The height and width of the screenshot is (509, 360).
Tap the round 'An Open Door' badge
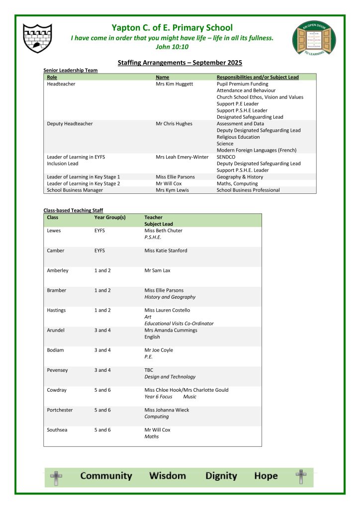tap(314, 40)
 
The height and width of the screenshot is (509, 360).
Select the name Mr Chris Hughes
tap(174, 124)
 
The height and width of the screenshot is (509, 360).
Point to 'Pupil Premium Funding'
tap(242, 84)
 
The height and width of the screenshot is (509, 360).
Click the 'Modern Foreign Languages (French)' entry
tap(256, 150)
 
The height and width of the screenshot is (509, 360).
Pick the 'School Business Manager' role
tap(75, 190)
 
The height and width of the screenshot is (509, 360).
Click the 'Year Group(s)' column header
tap(110, 217)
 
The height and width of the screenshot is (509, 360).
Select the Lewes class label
tap(54, 231)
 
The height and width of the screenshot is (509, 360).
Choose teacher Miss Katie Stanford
tap(166, 251)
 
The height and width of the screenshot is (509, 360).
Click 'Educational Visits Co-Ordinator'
tap(179, 324)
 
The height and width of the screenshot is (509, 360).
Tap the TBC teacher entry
tap(149, 370)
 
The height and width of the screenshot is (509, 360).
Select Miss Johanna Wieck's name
tap(167, 410)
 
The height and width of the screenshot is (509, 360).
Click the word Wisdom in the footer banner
tap(168, 476)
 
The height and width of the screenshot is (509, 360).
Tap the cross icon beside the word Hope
tap(300, 477)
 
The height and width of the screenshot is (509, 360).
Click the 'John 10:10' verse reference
tap(172, 47)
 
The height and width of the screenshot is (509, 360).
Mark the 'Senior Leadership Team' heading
tap(71, 71)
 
